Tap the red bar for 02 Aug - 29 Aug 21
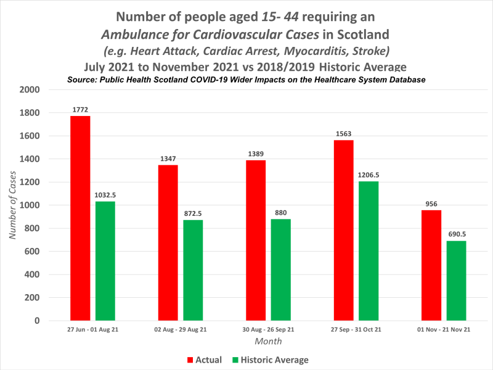(x=168, y=243)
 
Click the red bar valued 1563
(x=343, y=231)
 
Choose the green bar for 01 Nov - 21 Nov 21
(x=456, y=281)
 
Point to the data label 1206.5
(x=369, y=175)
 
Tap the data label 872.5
(x=194, y=213)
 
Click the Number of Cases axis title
(x=13, y=205)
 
